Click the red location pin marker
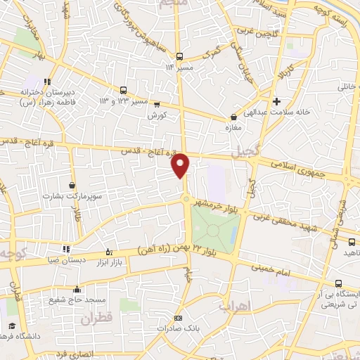[x=181, y=164]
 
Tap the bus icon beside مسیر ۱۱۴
[x=180, y=56]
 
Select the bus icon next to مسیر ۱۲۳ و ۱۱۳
[x=124, y=90]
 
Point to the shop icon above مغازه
[x=233, y=117]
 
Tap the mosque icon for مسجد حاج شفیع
[x=76, y=289]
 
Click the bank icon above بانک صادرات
[x=177, y=318]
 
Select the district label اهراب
[x=233, y=307]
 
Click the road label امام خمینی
[x=267, y=271]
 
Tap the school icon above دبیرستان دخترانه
[x=48, y=82]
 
